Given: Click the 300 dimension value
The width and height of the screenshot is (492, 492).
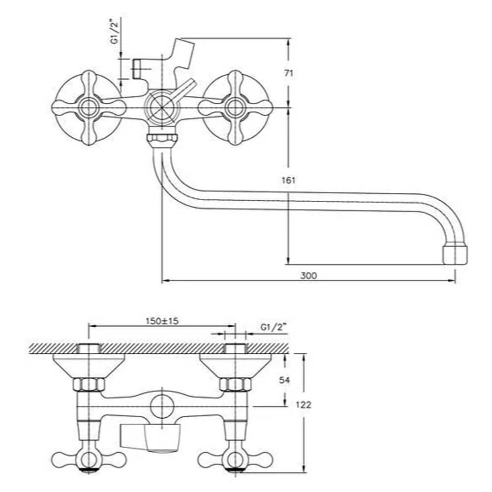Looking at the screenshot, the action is (x=309, y=276).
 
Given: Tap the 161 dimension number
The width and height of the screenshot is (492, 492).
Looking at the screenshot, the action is (x=289, y=181).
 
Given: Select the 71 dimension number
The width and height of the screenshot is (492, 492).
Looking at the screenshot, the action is (x=289, y=73).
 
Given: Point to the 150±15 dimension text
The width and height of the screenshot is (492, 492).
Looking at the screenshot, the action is (x=162, y=321).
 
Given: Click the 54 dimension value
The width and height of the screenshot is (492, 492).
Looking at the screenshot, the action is (x=284, y=380).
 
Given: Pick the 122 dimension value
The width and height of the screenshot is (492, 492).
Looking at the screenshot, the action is (x=304, y=405).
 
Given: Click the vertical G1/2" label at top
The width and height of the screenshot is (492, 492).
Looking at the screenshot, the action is (x=116, y=31).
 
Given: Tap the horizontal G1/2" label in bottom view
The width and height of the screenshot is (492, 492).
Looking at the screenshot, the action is (x=274, y=327).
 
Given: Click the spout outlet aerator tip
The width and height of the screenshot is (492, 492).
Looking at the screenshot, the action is (x=455, y=255).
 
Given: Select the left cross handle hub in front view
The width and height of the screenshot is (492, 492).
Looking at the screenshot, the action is (x=89, y=108).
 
